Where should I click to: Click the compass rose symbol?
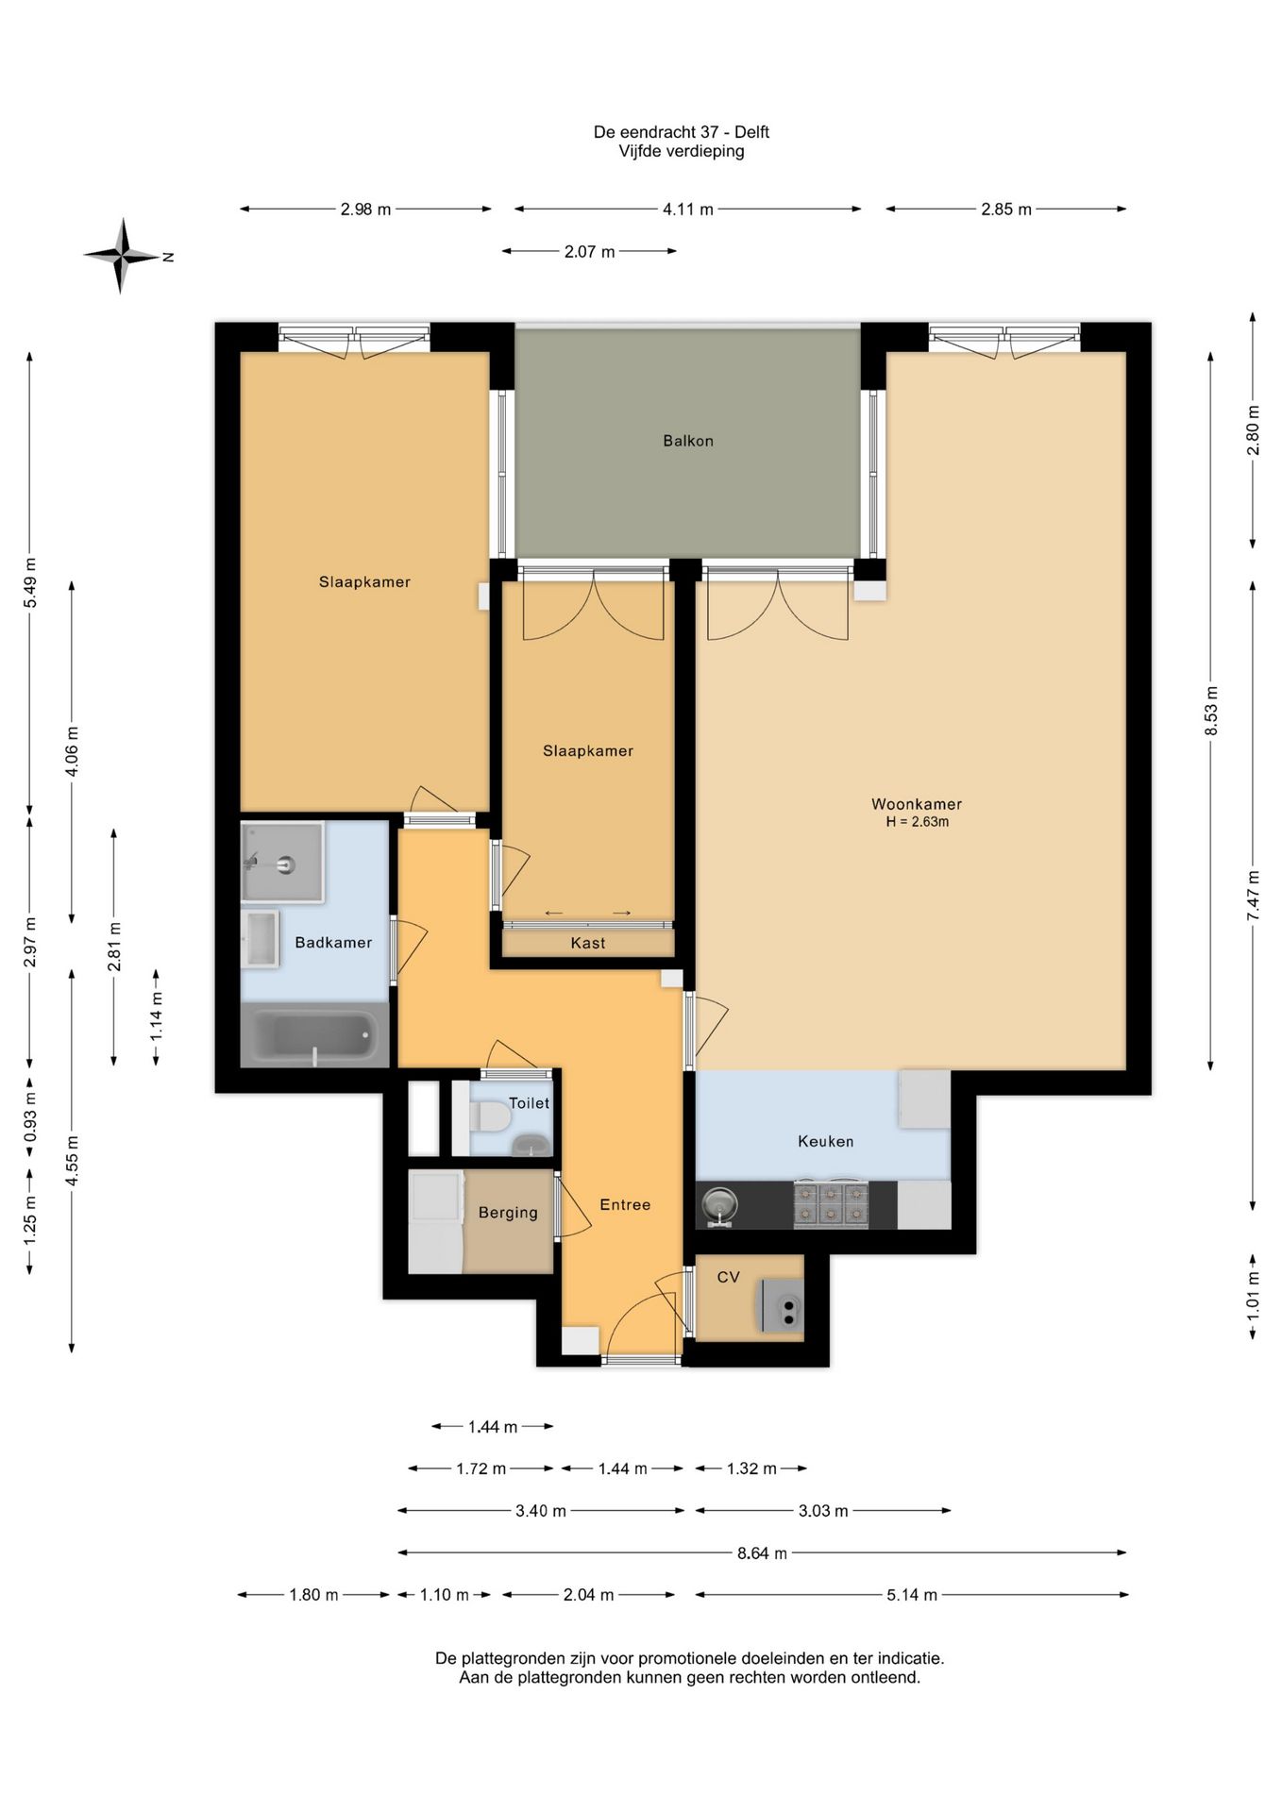tap(121, 256)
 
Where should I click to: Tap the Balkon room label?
tap(687, 441)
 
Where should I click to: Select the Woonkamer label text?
tap(916, 804)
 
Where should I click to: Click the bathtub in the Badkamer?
tap(314, 1035)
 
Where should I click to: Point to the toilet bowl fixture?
tap(491, 1117)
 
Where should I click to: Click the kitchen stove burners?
tap(830, 1203)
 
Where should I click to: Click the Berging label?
tap(508, 1213)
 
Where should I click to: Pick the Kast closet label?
tap(587, 943)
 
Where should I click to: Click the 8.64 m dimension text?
tap(762, 1552)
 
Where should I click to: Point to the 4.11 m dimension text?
tap(687, 210)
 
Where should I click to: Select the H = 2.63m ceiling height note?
tap(917, 822)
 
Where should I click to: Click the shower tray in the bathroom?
tap(282, 862)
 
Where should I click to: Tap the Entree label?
tap(625, 1204)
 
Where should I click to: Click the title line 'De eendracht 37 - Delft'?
tap(682, 132)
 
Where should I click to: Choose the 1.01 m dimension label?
tap(1253, 1294)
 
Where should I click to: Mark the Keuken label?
tap(825, 1141)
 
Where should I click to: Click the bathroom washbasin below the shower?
tap(261, 939)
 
